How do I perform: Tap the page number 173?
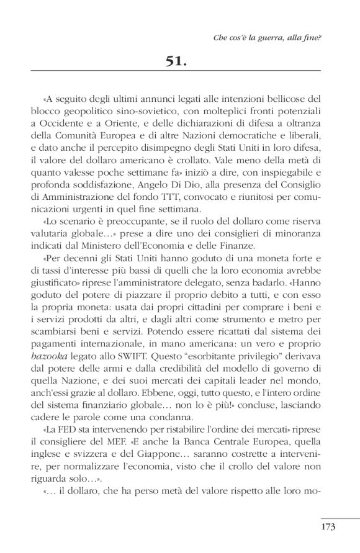pyautogui.click(x=328, y=527)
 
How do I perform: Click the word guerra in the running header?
pyautogui.click(x=266, y=37)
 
